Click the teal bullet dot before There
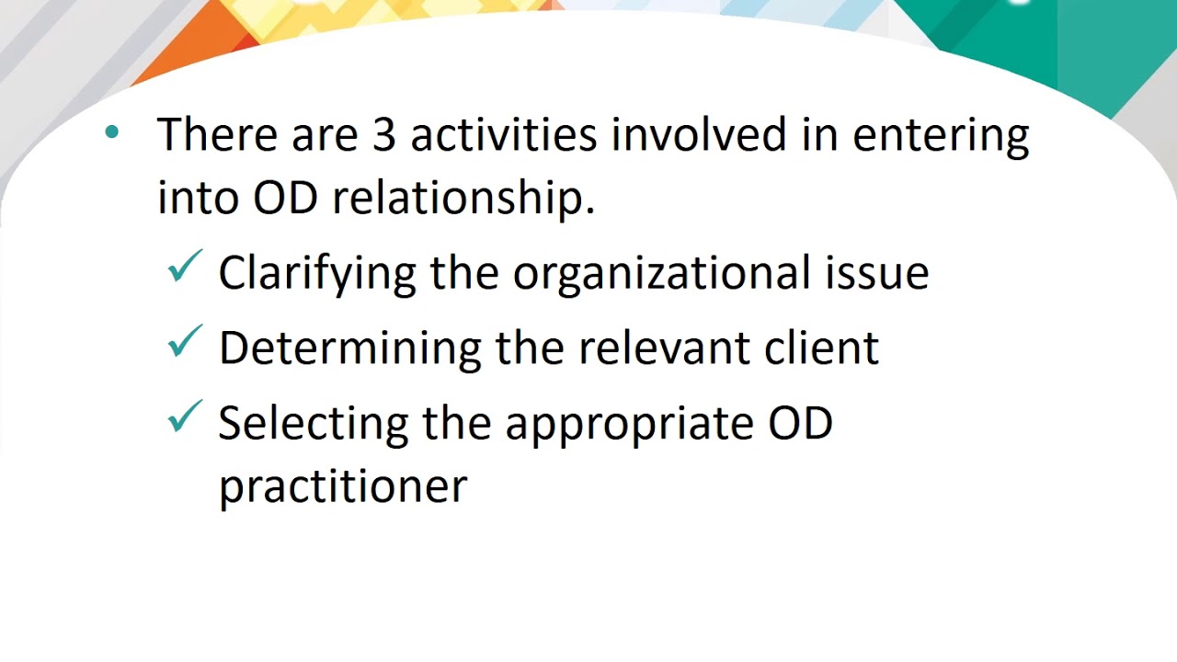112,133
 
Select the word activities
504,135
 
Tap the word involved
699,135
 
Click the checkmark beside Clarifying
185,268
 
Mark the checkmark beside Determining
185,343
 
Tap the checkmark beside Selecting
185,418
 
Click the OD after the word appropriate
800,422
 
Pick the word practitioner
342,486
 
